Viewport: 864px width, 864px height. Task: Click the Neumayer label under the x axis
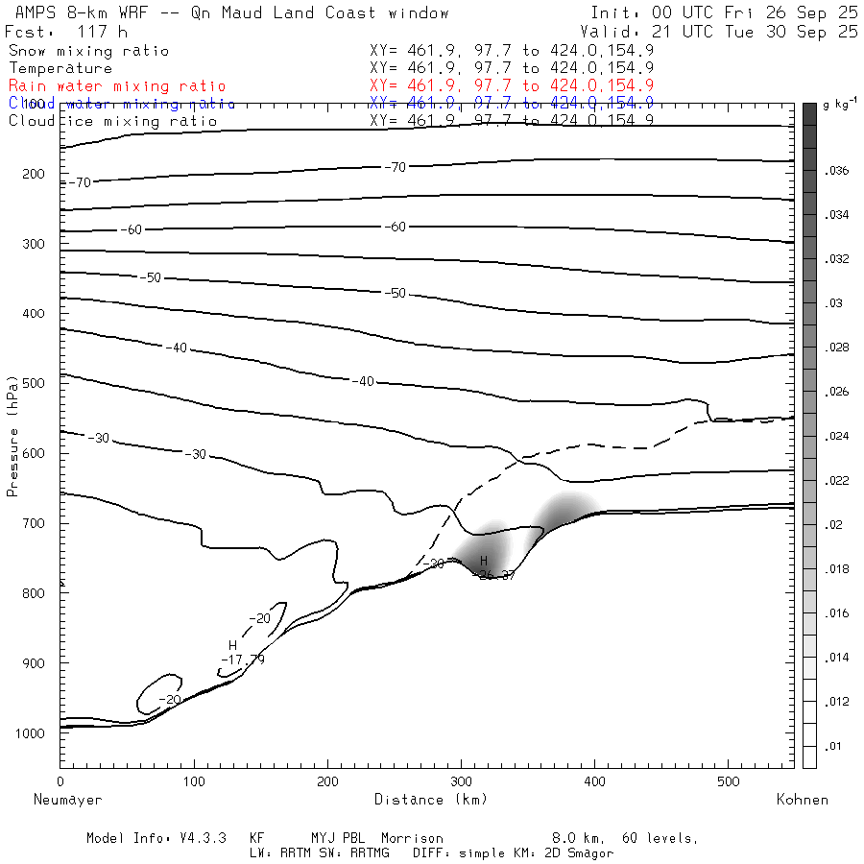pos(67,799)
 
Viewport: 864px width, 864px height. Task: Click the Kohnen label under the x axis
pos(802,799)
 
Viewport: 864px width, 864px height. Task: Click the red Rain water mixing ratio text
pos(117,85)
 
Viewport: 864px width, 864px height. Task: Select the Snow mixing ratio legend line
pos(88,51)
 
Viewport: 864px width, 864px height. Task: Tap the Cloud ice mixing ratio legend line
pos(113,120)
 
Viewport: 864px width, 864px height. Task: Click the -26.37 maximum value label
pos(496,575)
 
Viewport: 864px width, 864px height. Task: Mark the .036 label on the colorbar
pos(837,171)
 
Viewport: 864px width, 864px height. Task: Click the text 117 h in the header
pos(102,32)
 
